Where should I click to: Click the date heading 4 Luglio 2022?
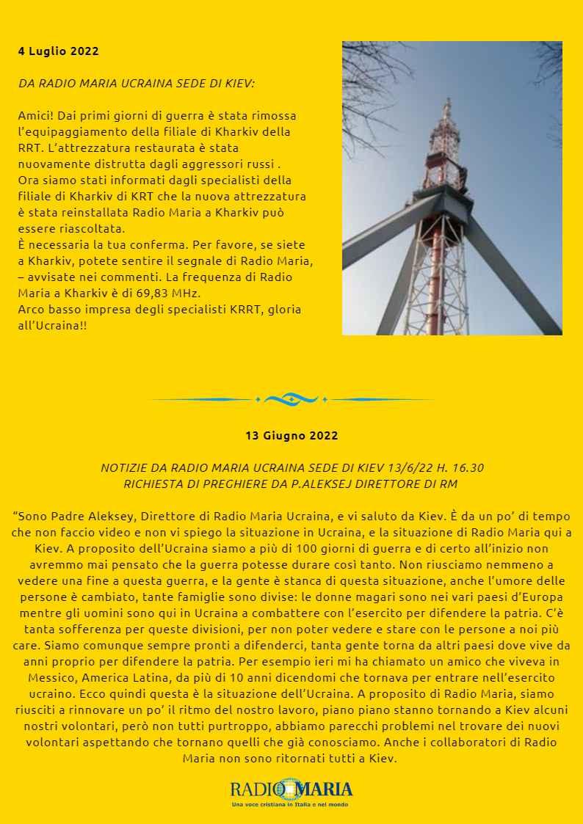click(x=58, y=51)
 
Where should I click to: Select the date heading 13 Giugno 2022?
click(x=291, y=435)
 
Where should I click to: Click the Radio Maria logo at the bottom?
click(x=291, y=790)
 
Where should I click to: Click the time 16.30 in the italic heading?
click(x=467, y=468)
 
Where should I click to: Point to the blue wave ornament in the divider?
click(x=291, y=399)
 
